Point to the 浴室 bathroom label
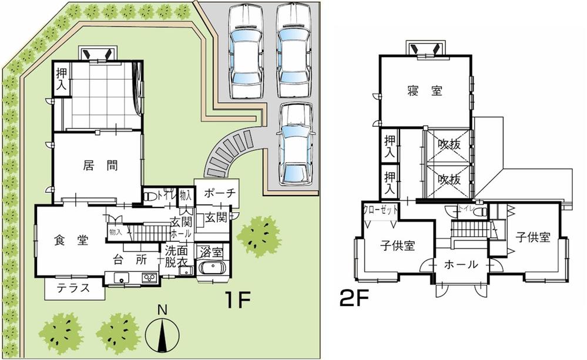pos(210,253)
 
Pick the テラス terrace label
pos(73,288)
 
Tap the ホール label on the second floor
pos(461,265)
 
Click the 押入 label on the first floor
pos(61,79)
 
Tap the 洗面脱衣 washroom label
pos(176,254)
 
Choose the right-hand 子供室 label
pos(533,237)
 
